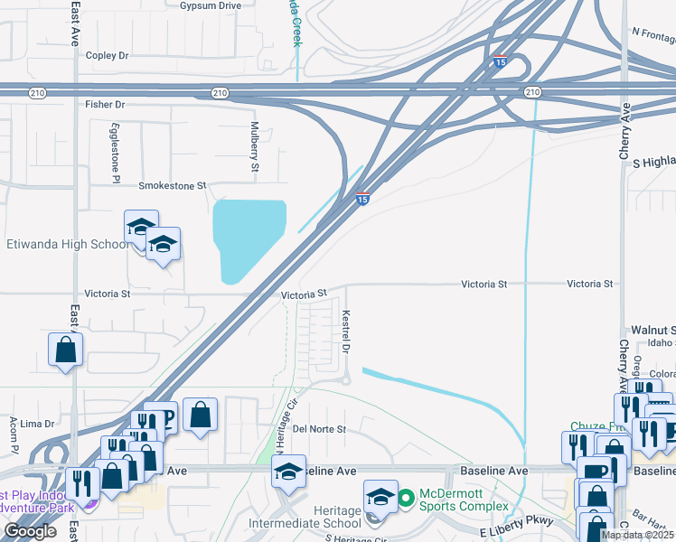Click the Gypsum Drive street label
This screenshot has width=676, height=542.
(210, 5)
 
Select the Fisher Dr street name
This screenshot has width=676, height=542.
(104, 105)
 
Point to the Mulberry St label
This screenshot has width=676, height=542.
(255, 146)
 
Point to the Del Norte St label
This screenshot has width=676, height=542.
(319, 429)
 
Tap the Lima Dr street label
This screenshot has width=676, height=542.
(37, 424)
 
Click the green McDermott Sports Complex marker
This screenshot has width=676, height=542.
(406, 496)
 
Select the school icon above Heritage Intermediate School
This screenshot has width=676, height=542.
(380, 497)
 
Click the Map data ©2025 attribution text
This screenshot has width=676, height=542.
(637, 535)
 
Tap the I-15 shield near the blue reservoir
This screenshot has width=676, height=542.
(361, 199)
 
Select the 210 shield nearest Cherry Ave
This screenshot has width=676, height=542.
(531, 92)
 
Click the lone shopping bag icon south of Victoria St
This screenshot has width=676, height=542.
(66, 350)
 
